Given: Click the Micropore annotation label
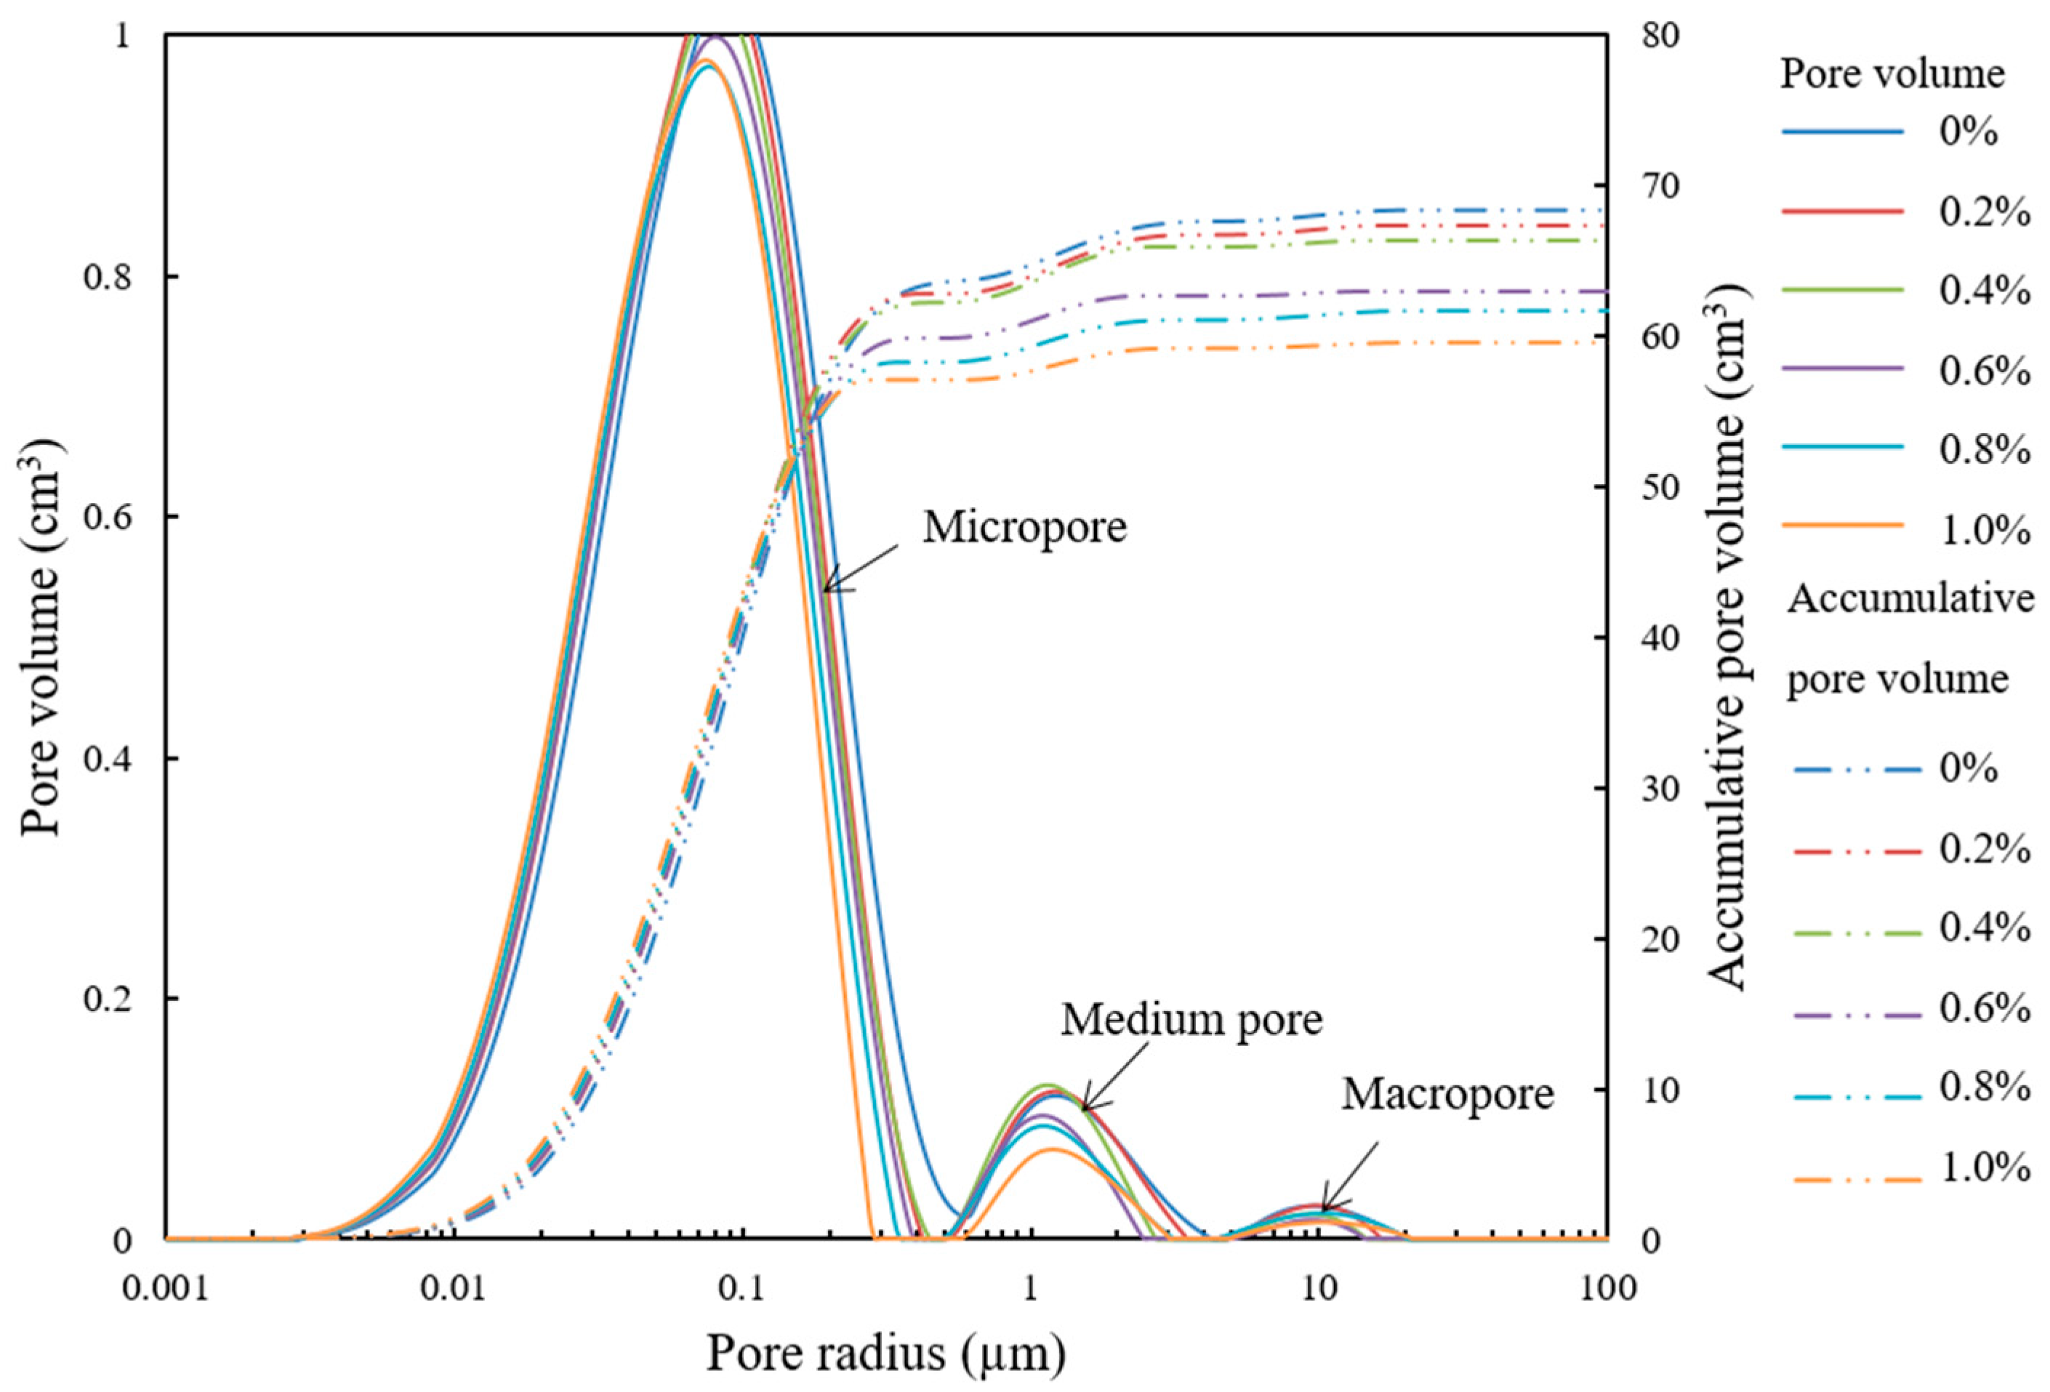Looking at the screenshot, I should pos(1024,528).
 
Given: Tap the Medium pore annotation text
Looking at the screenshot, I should pos(1191,1020).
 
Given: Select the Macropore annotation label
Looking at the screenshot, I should pos(1447,1095).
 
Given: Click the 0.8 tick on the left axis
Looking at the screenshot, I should pos(108,277).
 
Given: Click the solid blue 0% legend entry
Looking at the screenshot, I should pos(1897,132).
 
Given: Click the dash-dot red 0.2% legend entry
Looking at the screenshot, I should pos(1897,852).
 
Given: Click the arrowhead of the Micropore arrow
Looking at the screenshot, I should pos(827,590).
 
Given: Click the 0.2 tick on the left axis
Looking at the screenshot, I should pos(108,999).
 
